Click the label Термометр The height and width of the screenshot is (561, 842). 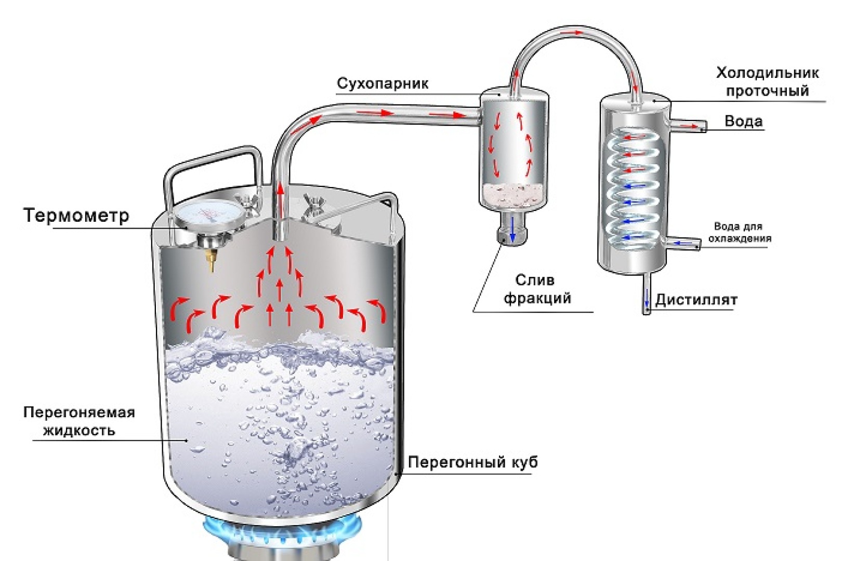[x=76, y=215]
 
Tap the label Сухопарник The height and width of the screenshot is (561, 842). [x=383, y=84]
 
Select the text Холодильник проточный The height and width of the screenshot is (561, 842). [x=767, y=82]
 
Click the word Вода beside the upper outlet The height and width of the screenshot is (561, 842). [x=744, y=121]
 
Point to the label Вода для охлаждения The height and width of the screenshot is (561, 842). [x=739, y=232]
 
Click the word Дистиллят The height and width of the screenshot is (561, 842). [x=696, y=300]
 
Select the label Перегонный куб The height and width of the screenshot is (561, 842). [x=472, y=462]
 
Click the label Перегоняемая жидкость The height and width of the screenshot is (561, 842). [x=79, y=421]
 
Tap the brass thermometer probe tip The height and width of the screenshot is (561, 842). [x=211, y=259]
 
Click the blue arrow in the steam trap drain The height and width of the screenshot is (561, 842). [x=512, y=229]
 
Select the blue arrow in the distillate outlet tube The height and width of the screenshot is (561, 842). [x=647, y=298]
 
